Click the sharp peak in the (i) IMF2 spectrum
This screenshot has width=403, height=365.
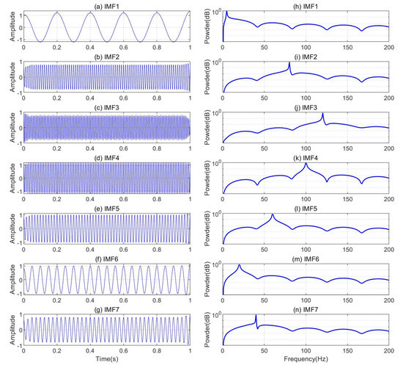pyautogui.click(x=289, y=63)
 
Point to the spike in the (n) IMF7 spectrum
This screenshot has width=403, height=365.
pyautogui.click(x=256, y=315)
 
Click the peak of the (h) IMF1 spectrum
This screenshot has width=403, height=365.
pyautogui.click(x=226, y=12)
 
